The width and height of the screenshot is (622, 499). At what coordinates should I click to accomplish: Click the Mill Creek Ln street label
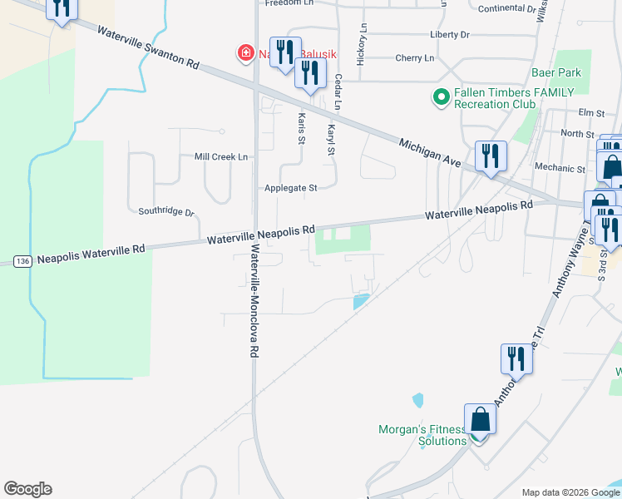coord(220,156)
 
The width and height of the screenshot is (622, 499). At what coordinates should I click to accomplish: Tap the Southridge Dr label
coord(165,212)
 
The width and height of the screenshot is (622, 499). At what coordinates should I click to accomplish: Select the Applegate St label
coord(290,188)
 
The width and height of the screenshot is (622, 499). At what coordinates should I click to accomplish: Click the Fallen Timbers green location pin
coord(441,98)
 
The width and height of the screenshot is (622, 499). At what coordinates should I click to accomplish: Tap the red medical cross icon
coord(245,54)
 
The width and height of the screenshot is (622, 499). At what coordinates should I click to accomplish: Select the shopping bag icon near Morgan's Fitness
coord(480,418)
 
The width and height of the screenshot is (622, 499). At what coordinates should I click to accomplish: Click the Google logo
coord(27,489)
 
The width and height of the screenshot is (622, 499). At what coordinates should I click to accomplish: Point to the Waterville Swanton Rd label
coord(148,47)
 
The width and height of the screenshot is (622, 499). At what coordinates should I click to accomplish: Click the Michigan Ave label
coord(429,151)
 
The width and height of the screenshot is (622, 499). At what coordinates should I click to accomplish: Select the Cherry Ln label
coord(415,58)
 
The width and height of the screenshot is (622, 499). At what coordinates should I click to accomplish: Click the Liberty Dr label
coord(450,35)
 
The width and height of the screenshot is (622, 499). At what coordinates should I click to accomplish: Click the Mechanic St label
coord(560,168)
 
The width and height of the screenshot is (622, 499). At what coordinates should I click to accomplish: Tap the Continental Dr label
coord(507,8)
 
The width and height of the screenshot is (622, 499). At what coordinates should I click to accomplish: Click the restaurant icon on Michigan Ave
coord(489,155)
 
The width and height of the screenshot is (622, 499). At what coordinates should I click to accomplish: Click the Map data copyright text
coord(570,492)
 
